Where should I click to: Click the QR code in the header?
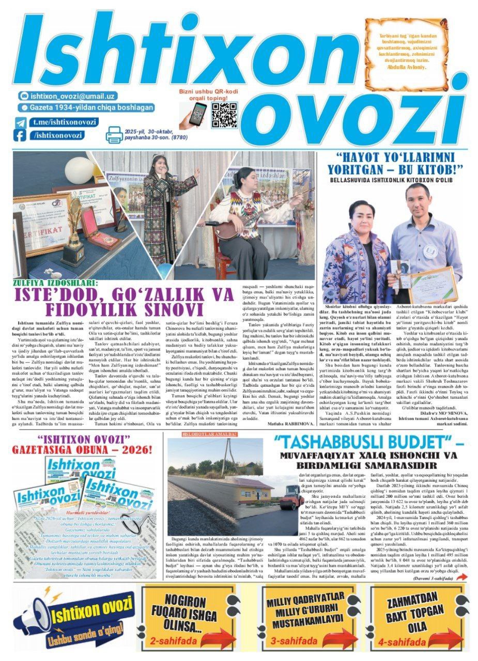coord(224,115)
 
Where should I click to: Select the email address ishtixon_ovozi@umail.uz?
coord(72,96)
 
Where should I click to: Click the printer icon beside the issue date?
coord(114,134)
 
